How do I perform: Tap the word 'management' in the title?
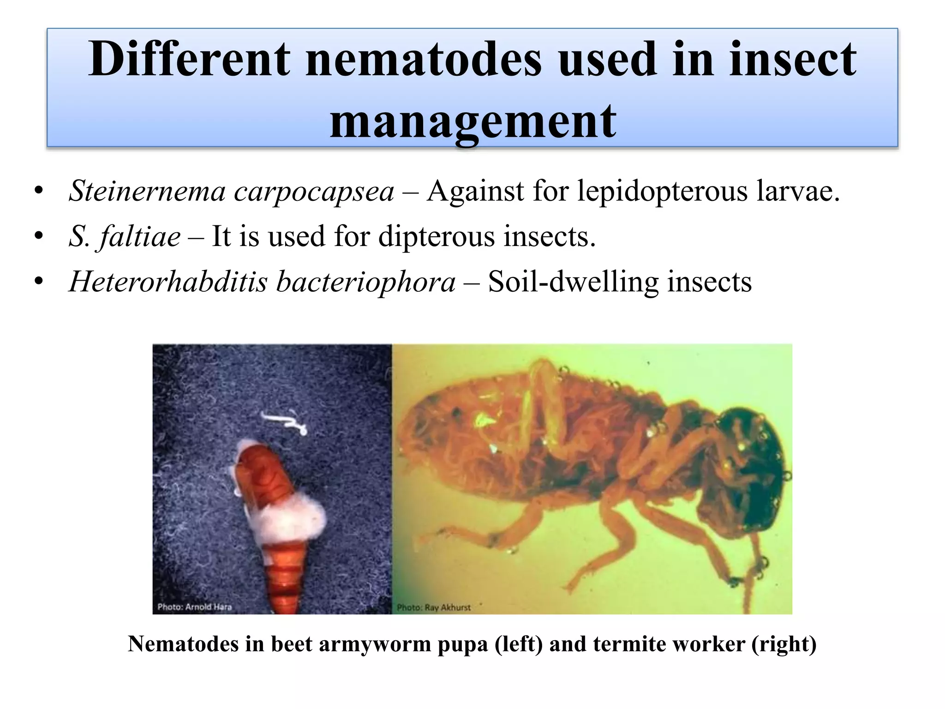pos(473,121)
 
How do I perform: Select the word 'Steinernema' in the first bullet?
pos(147,191)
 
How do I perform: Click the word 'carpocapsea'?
pos(314,192)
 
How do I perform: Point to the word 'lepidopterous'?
pos(662,191)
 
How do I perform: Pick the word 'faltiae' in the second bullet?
pos(140,236)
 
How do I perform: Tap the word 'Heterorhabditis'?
pos(168,282)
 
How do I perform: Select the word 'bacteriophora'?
pos(365,282)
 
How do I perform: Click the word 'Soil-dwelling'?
pos(573,282)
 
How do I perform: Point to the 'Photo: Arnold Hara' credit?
pos(194,607)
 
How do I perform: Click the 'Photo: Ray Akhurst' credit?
pos(434,607)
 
